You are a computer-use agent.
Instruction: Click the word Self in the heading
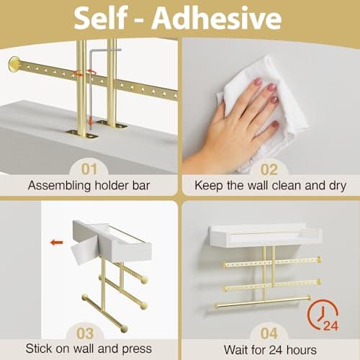101,18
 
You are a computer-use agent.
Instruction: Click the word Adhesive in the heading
217,18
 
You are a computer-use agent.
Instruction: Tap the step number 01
89,169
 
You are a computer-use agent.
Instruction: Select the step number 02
269,169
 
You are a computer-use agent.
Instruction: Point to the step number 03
85,333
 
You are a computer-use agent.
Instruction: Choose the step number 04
269,333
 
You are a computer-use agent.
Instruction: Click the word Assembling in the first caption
60,186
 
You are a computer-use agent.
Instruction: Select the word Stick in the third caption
39,348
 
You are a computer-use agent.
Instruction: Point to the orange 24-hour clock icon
323,315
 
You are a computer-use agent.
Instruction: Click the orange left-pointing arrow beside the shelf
57,243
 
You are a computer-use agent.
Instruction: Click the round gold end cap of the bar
14,64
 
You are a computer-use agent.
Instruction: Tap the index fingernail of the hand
258,82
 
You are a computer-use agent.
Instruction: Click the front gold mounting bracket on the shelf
83,134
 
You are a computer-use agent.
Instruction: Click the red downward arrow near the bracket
90,121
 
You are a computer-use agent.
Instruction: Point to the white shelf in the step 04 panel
266,235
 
